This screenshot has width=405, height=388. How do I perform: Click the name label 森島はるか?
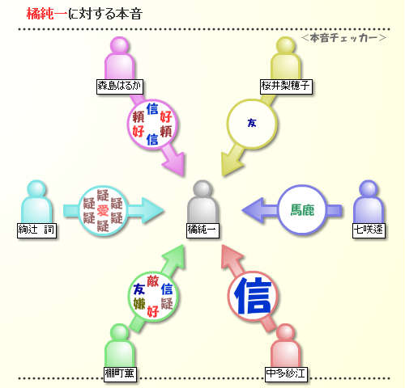tap(120, 86)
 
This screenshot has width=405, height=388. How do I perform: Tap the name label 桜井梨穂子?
tap(286, 86)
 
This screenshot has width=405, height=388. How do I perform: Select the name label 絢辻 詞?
tap(36, 230)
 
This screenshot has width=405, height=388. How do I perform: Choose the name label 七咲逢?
tap(369, 230)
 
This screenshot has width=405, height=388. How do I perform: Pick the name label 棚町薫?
tap(120, 374)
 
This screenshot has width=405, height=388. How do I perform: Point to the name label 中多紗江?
tap(286, 374)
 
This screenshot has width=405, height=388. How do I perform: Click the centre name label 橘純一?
tap(202, 230)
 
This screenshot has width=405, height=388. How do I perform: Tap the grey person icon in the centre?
tap(202, 202)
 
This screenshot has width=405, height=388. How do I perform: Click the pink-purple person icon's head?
tap(120, 44)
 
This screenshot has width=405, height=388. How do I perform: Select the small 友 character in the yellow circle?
tap(252, 123)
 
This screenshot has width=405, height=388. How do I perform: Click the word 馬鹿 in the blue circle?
tap(302, 210)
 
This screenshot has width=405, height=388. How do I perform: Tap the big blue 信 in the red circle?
tap(253, 296)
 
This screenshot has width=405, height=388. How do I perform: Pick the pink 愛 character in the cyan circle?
tap(103, 210)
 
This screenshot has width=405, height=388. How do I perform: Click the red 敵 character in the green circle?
tap(153, 281)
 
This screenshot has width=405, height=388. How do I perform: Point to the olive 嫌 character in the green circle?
tap(139, 304)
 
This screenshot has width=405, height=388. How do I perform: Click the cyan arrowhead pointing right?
tap(152, 210)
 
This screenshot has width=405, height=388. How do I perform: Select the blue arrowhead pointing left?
tap(253, 210)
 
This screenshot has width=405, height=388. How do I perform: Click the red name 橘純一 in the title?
tap(46, 14)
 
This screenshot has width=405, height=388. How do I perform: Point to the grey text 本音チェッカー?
tap(343, 38)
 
